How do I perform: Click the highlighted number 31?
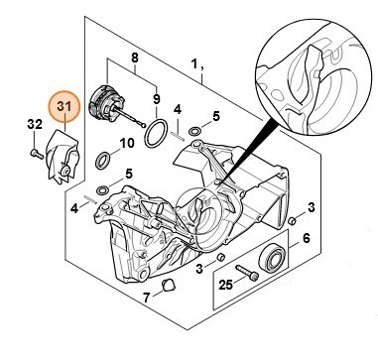coord(64,106)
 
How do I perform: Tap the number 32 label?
coord(35,124)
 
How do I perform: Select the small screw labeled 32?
coord(37,154)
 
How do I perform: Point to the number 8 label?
coord(135,59)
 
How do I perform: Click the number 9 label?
coord(157,98)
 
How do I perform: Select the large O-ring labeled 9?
coord(156,134)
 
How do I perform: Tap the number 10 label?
coord(127,144)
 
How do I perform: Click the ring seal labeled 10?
coord(103,161)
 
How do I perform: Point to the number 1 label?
coord(194,62)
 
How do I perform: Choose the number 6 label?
coord(307,238)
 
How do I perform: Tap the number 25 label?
coord(226,285)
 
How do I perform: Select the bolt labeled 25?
coord(247,273)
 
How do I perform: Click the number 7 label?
coord(147,298)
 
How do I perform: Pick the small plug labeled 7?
coord(169,285)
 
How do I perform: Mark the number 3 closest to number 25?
coord(199,269)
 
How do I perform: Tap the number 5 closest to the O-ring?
coord(215,116)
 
